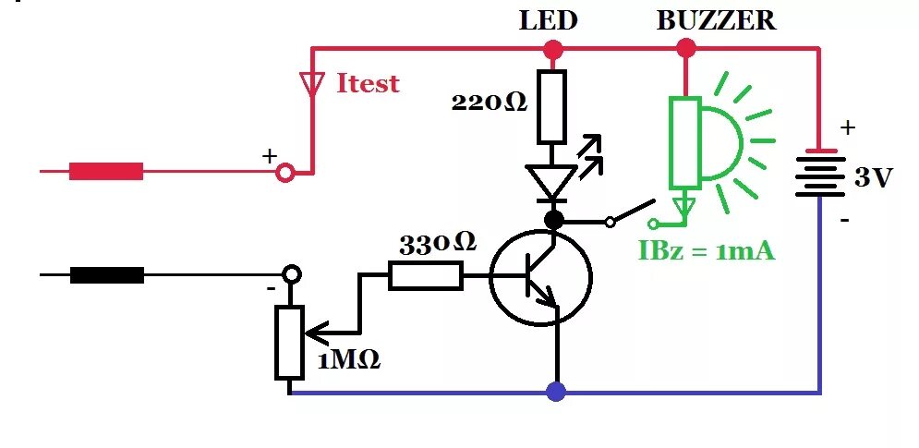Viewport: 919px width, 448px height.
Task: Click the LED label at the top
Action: click(548, 20)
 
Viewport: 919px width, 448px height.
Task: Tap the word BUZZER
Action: click(716, 20)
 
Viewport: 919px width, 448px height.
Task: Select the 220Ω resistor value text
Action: click(490, 103)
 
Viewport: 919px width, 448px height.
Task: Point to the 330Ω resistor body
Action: click(426, 276)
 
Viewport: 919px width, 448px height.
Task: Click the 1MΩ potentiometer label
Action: click(349, 359)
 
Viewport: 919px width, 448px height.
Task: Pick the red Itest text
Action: click(369, 83)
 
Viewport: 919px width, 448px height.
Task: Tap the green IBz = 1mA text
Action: click(707, 250)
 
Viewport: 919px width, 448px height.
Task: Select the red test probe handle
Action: click(106, 171)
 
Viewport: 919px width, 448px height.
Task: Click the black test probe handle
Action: click(106, 275)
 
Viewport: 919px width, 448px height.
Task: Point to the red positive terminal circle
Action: click(285, 174)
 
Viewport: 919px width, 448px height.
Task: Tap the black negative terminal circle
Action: click(292, 273)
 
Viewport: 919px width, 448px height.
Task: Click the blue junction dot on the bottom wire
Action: click(556, 391)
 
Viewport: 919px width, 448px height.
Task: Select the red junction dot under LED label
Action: click(552, 49)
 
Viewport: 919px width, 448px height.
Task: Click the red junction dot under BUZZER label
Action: click(685, 48)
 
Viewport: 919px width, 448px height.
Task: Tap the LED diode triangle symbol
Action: click(551, 181)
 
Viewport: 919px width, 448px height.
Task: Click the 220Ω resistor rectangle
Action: click(552, 107)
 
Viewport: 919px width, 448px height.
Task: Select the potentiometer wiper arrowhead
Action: click(317, 334)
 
